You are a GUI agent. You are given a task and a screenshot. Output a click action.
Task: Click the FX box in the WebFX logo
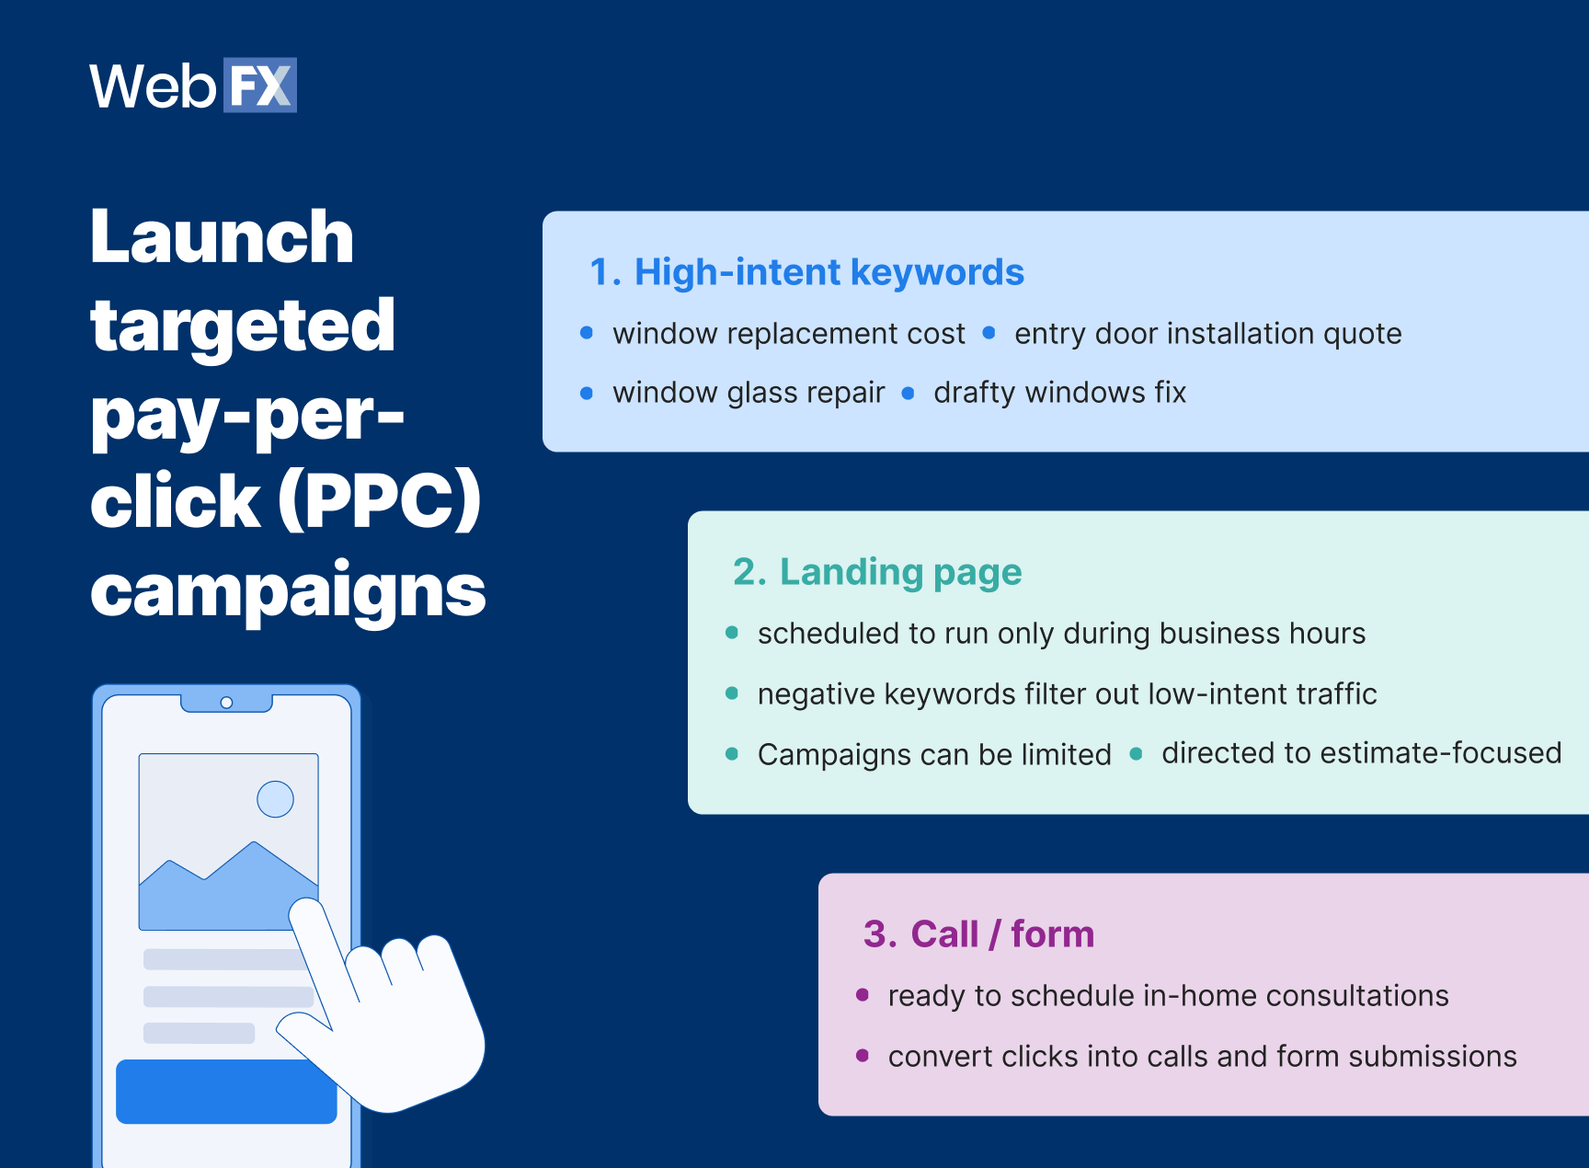[x=259, y=86]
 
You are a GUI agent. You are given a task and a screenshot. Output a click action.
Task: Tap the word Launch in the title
[x=222, y=236]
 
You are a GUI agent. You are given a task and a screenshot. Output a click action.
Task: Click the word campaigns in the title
[x=287, y=590]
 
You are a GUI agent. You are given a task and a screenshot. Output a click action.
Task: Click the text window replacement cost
[x=789, y=333]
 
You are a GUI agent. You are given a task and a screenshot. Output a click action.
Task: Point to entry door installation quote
[x=1207, y=333]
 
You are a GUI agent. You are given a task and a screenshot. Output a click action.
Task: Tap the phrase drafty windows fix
[x=1059, y=393]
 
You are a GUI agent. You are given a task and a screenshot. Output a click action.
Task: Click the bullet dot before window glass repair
[x=587, y=394]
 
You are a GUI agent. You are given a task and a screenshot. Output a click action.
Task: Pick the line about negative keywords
[x=1067, y=693]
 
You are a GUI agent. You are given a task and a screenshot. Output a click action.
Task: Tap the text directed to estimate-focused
[x=1360, y=753]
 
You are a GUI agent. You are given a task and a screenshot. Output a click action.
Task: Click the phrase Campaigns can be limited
[x=934, y=754]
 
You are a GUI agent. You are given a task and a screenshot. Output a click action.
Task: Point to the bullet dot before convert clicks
[x=863, y=1056]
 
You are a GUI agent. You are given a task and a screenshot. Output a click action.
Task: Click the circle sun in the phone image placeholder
[x=275, y=798]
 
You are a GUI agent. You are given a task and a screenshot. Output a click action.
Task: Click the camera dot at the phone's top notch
[x=226, y=703]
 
